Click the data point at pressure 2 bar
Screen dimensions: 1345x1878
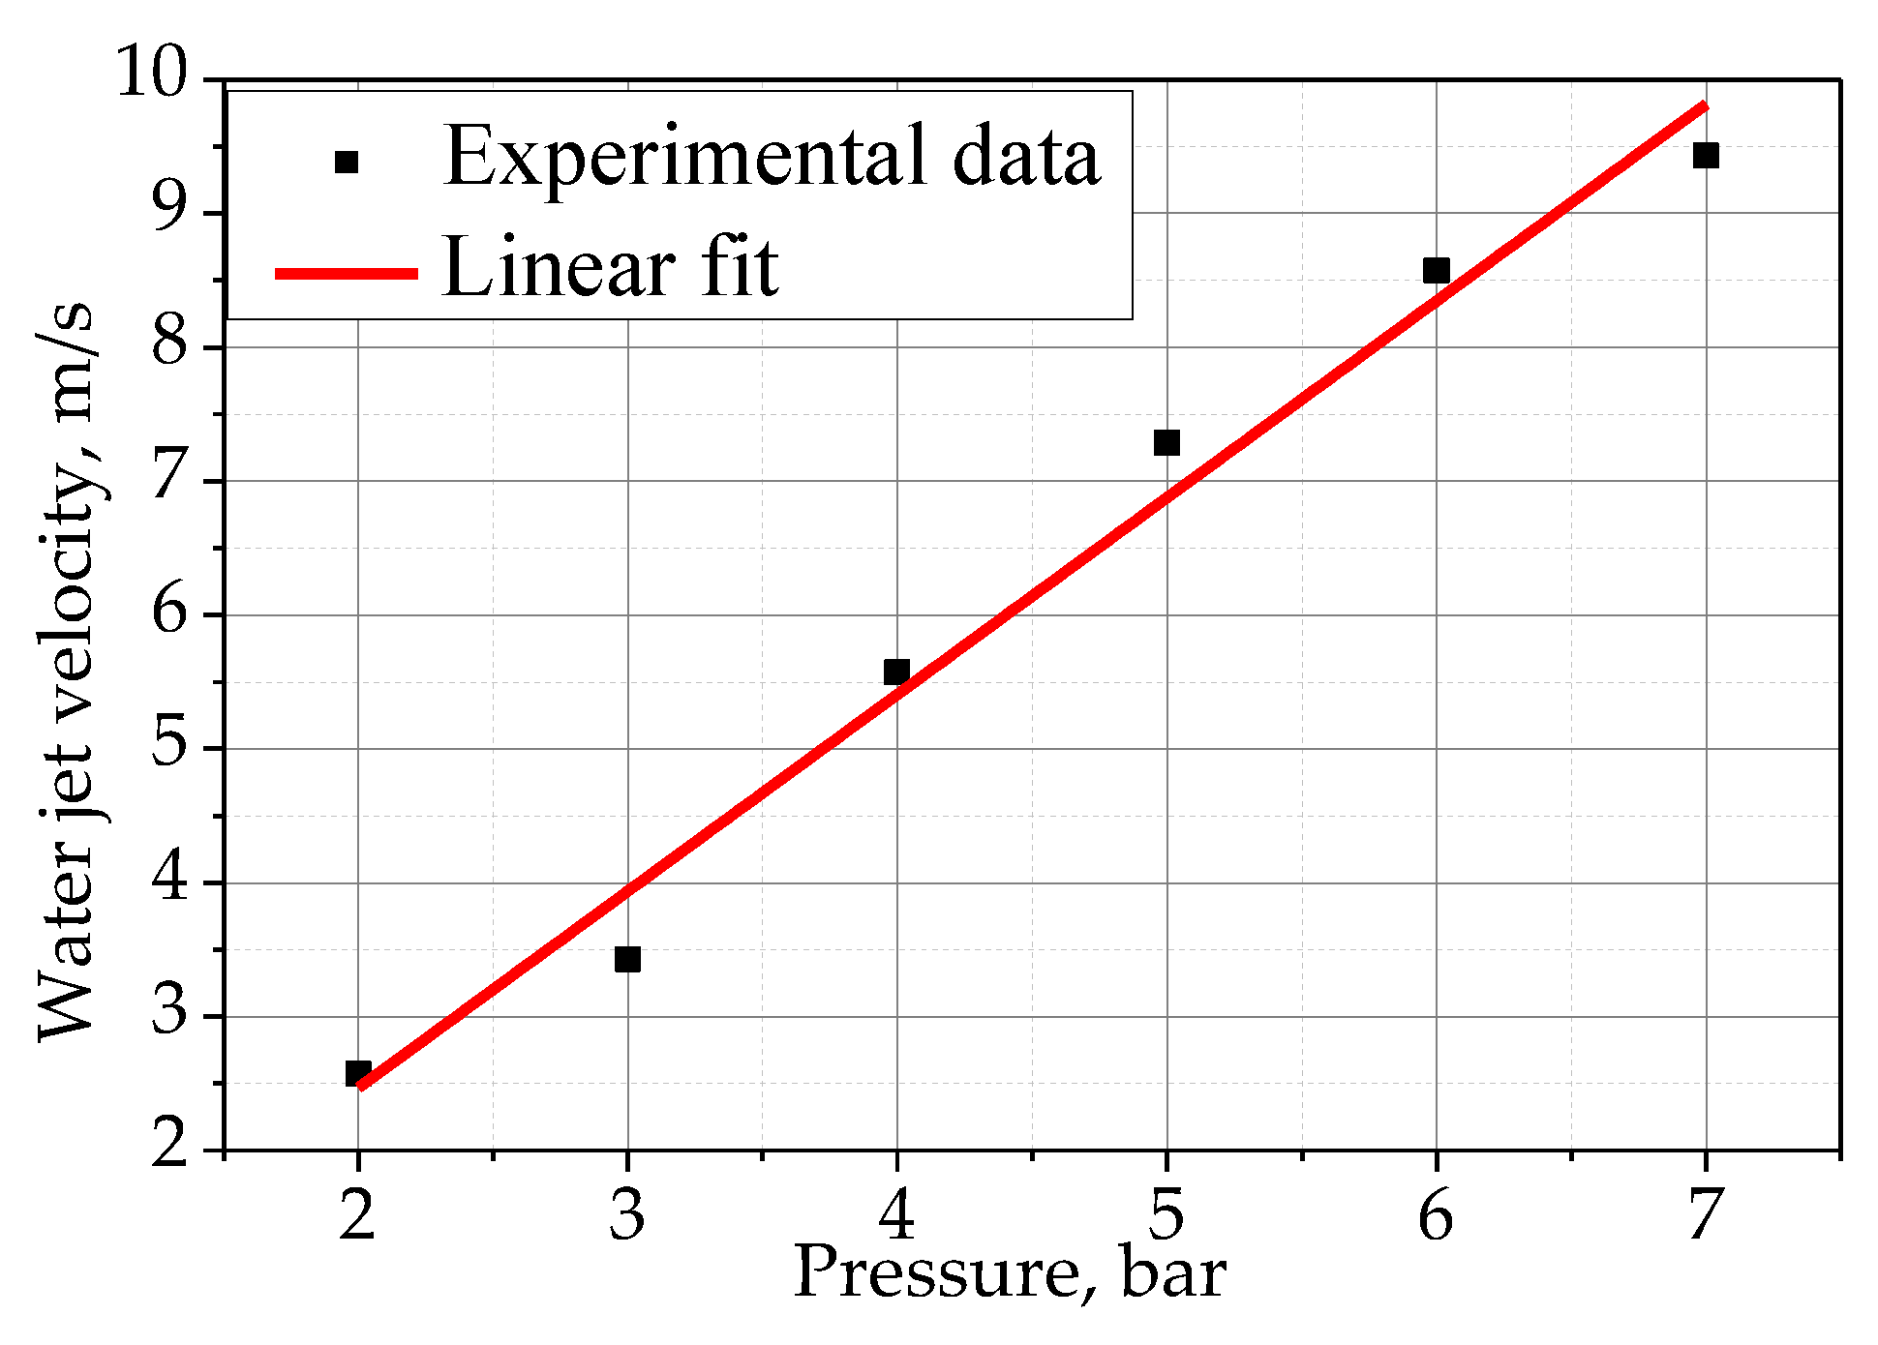(358, 1073)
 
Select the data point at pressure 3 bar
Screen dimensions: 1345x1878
(627, 959)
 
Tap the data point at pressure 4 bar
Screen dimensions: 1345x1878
(896, 672)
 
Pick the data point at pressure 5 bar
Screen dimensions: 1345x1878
(1166, 442)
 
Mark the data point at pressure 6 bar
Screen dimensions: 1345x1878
(1437, 270)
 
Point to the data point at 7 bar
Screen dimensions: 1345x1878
(1706, 155)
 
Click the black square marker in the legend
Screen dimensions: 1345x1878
(347, 162)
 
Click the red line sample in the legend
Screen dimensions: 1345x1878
(347, 274)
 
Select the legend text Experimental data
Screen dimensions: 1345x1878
(772, 157)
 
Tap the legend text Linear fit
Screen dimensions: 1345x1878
(610, 267)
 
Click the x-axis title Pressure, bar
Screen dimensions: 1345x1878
(1010, 1272)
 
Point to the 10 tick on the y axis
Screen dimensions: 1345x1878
(152, 73)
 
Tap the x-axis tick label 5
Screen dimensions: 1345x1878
(1166, 1214)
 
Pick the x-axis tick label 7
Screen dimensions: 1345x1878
(1706, 1214)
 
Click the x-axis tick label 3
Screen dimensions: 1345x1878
(627, 1214)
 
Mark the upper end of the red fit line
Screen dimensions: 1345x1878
(1704, 105)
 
